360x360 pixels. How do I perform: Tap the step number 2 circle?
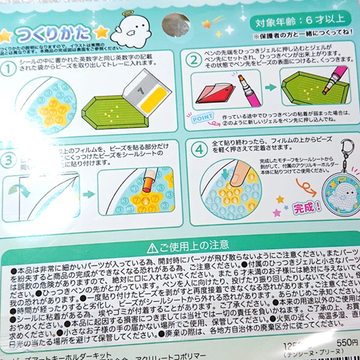tap(193, 61)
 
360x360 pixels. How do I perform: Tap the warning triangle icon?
tap(152, 248)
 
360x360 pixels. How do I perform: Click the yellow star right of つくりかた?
tap(101, 33)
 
